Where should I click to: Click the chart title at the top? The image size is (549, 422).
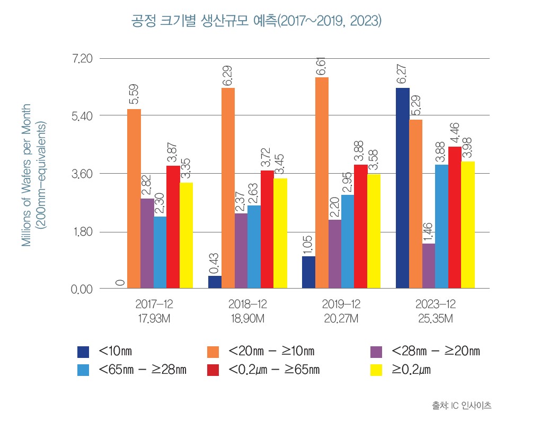click(x=256, y=22)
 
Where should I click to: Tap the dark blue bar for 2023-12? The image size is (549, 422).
click(x=403, y=188)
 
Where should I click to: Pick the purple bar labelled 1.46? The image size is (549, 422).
click(x=429, y=266)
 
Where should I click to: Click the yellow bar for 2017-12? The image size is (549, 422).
click(x=186, y=236)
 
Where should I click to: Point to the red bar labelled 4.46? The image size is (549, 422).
click(x=455, y=217)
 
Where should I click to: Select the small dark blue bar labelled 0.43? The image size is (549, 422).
click(x=215, y=282)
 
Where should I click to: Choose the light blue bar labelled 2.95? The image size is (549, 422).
click(x=348, y=241)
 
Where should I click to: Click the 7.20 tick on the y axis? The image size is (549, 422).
click(x=82, y=58)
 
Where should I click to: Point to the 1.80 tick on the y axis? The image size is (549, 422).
click(x=82, y=232)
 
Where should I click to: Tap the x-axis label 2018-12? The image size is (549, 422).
click(x=247, y=304)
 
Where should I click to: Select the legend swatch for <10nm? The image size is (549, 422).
click(x=83, y=352)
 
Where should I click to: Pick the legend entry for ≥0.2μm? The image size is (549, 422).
click(x=411, y=370)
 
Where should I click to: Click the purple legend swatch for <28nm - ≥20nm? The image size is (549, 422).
click(x=376, y=352)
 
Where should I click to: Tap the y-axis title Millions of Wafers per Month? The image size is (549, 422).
click(x=26, y=175)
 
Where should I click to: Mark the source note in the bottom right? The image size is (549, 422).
click(x=462, y=406)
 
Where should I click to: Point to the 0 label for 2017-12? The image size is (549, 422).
click(x=121, y=282)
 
